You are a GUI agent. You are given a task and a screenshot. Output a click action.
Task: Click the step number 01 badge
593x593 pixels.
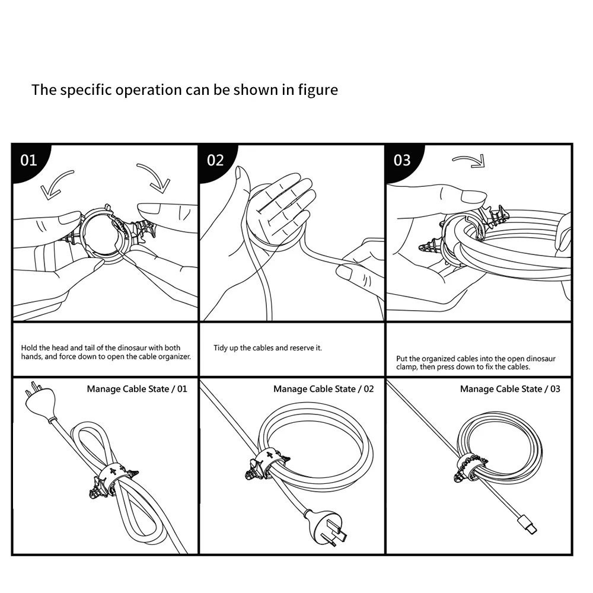[x=28, y=160]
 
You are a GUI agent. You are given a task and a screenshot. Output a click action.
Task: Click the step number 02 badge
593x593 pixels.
[x=215, y=160]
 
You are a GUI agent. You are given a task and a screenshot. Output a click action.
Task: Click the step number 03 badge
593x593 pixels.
[x=402, y=160]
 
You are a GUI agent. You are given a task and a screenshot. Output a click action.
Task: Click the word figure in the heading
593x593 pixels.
[x=319, y=90]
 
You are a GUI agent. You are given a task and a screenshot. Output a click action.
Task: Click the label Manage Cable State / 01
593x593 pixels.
[x=137, y=389]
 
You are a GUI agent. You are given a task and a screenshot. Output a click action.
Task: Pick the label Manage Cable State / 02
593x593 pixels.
[x=324, y=389]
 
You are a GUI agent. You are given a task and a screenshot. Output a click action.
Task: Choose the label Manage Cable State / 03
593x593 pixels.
[x=510, y=389]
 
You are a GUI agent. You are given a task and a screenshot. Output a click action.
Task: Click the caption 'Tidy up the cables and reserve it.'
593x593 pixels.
[x=267, y=347]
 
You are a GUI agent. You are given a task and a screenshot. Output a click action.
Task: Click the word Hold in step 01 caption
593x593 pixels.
[x=29, y=347]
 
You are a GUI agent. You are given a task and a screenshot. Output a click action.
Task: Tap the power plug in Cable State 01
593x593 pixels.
[x=37, y=403]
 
